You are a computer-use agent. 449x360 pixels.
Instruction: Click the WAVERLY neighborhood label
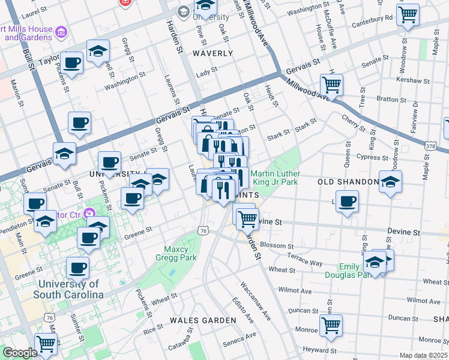pos(212,53)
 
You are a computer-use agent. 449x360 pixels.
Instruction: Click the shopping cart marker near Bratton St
pos(331,84)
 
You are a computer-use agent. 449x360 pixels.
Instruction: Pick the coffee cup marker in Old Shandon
pos(347,202)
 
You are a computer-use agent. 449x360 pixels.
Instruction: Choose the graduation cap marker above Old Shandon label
pos(390,181)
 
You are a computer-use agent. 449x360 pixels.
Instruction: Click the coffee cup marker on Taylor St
pos(72,62)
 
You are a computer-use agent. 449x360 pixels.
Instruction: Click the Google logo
pos(20,353)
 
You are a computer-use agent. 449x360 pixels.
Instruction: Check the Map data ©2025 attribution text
pos(423,355)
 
